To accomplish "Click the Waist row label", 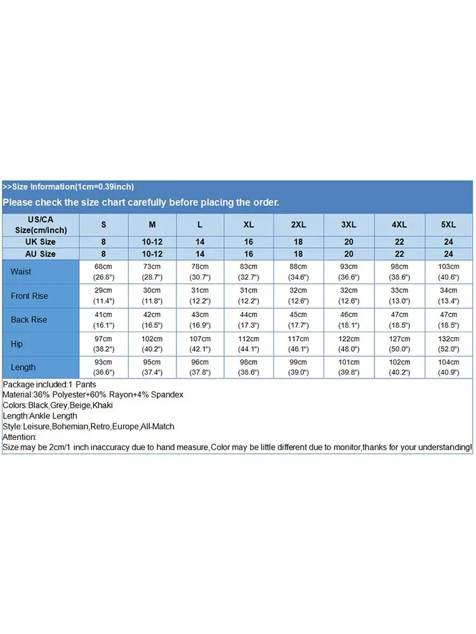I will (x=21, y=271).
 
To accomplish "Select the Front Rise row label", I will (x=29, y=296).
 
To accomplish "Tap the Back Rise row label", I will (x=29, y=320).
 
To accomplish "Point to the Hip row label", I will (x=17, y=344).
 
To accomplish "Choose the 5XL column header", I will (x=449, y=224).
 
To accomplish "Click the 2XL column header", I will (x=298, y=224).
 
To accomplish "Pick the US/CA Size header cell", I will (x=41, y=224).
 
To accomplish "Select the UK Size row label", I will (x=41, y=242).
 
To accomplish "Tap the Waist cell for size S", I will (x=103, y=271).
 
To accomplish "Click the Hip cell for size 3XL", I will (x=348, y=344).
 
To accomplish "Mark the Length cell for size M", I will (x=152, y=367).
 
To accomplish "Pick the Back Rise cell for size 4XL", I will (x=399, y=320).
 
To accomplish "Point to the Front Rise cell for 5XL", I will (x=449, y=296).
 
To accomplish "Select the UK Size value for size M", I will (x=152, y=242).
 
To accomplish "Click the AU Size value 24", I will (x=449, y=254).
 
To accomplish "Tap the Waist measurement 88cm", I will (x=298, y=267).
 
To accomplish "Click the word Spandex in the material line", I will (x=168, y=395).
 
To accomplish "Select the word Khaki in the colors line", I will (x=102, y=405).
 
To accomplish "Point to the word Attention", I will (x=20, y=437).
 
